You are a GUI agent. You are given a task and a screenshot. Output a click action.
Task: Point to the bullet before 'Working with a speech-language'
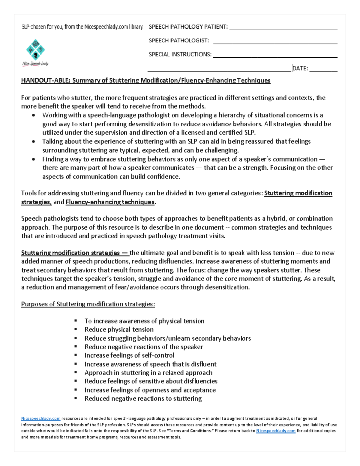pos(34,116)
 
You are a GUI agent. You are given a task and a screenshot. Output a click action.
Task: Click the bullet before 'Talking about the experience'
pos(34,142)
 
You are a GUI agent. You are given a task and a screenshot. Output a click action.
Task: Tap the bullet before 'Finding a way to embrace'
pos(34,159)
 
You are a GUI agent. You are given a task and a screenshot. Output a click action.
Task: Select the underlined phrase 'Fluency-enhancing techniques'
pos(110,202)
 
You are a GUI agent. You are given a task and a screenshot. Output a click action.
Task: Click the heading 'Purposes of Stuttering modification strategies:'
pos(88,304)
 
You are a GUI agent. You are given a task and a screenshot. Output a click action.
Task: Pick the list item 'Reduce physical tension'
pos(119,329)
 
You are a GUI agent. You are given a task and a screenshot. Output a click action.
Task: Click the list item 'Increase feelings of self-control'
pos(129,355)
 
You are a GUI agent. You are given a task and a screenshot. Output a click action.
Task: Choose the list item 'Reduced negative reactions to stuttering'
pos(143,398)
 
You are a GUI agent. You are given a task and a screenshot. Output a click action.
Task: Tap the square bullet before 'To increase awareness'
pos(76,321)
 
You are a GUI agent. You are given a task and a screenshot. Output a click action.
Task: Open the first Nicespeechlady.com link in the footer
pos(41,418)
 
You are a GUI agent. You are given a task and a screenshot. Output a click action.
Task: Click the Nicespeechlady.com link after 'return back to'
pos(276,431)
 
